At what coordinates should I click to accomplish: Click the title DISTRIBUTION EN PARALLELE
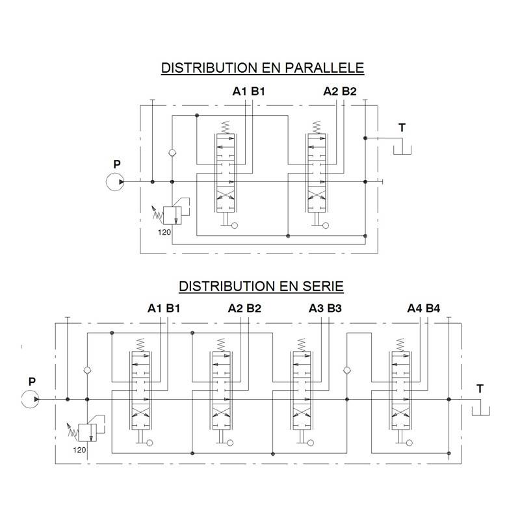[263, 68]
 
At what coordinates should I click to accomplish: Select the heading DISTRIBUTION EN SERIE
[261, 286]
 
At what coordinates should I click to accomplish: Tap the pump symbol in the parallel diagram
[115, 182]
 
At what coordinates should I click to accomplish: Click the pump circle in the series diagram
[30, 399]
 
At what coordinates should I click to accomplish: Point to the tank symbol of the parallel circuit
[402, 150]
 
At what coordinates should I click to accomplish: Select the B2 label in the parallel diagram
[349, 91]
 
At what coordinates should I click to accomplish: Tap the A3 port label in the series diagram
[316, 309]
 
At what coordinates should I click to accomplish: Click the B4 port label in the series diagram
[433, 309]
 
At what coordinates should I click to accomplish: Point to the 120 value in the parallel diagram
[164, 232]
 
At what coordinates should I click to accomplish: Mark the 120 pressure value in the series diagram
[79, 450]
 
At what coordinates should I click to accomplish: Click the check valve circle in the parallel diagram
[172, 153]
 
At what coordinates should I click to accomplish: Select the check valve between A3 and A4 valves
[347, 370]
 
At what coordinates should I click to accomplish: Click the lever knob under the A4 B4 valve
[409, 443]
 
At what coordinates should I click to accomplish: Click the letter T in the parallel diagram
[402, 127]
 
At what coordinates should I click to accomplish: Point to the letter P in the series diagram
[32, 382]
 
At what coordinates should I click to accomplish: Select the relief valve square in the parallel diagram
[172, 216]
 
